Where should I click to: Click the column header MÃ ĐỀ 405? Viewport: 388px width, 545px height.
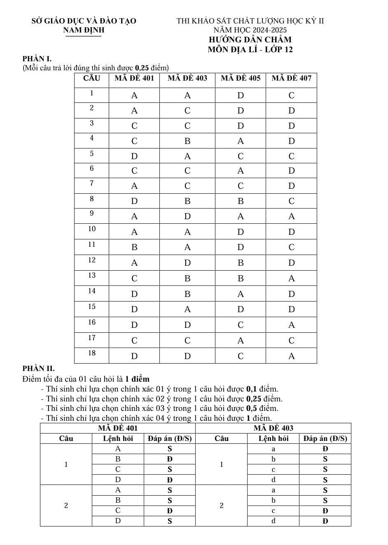pyautogui.click(x=241, y=78)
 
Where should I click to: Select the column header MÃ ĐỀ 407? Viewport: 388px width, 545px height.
pyautogui.click(x=291, y=78)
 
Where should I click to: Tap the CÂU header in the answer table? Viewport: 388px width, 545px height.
pyautogui.click(x=91, y=78)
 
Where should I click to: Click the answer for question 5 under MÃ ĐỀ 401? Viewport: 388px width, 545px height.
pyautogui.click(x=134, y=156)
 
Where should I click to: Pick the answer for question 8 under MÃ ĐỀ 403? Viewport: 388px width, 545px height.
pyautogui.click(x=187, y=201)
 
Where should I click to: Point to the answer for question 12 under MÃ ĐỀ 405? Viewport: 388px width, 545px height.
pyautogui.click(x=241, y=263)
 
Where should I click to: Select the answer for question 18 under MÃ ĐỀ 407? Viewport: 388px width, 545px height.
pyautogui.click(x=291, y=356)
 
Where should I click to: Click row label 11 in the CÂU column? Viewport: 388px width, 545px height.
pyautogui.click(x=91, y=245)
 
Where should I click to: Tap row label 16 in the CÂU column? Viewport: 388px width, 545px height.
pyautogui.click(x=91, y=322)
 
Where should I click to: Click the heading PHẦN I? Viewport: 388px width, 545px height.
pyautogui.click(x=37, y=59)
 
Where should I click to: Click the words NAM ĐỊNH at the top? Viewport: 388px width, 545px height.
pyautogui.click(x=84, y=30)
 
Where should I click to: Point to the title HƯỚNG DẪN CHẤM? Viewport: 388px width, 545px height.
pyautogui.click(x=250, y=40)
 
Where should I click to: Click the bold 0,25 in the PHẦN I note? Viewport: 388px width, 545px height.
pyautogui.click(x=142, y=68)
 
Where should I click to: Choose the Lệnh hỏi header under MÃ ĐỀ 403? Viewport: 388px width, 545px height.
pyautogui.click(x=273, y=438)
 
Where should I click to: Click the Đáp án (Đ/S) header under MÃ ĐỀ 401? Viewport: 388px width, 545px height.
pyautogui.click(x=169, y=438)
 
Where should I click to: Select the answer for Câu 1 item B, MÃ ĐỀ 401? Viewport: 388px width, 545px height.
pyautogui.click(x=169, y=459)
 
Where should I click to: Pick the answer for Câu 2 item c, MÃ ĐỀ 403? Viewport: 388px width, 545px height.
pyautogui.click(x=325, y=511)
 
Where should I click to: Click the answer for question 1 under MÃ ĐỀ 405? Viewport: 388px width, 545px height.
pyautogui.click(x=241, y=96)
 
